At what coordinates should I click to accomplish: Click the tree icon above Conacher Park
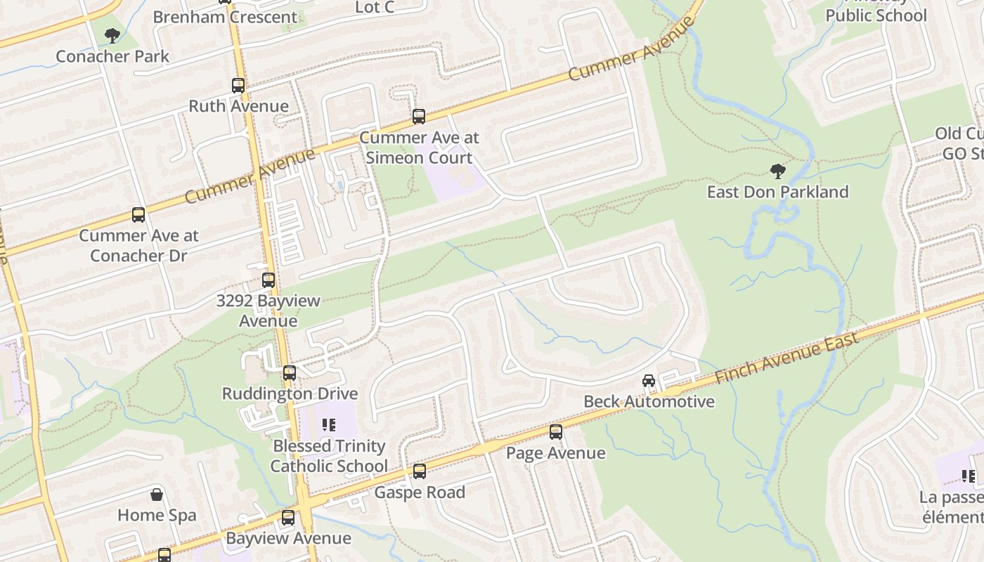[112, 35]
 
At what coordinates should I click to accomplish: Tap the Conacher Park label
[112, 56]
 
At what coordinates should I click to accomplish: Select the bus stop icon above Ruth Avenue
[238, 86]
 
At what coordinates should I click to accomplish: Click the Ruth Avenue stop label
[238, 106]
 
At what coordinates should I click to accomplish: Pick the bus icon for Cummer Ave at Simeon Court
[419, 117]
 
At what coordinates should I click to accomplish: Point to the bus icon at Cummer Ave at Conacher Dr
[138, 215]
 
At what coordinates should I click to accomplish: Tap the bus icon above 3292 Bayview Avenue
[268, 280]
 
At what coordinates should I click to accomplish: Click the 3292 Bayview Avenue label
[268, 311]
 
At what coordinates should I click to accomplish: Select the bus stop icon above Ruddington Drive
[290, 373]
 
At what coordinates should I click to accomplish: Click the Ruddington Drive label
[290, 393]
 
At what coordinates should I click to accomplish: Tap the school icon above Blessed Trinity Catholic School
[328, 425]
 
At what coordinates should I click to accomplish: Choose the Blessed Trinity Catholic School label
[329, 456]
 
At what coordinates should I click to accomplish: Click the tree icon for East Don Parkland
[777, 171]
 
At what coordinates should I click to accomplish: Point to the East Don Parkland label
[777, 192]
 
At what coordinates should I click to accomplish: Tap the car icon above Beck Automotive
[649, 381]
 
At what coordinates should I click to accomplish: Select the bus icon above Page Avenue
[556, 432]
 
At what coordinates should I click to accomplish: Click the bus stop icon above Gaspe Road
[420, 471]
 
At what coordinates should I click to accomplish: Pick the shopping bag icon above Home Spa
[157, 495]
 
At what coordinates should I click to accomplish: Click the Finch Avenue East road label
[786, 358]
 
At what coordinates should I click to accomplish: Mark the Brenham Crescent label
[225, 17]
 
